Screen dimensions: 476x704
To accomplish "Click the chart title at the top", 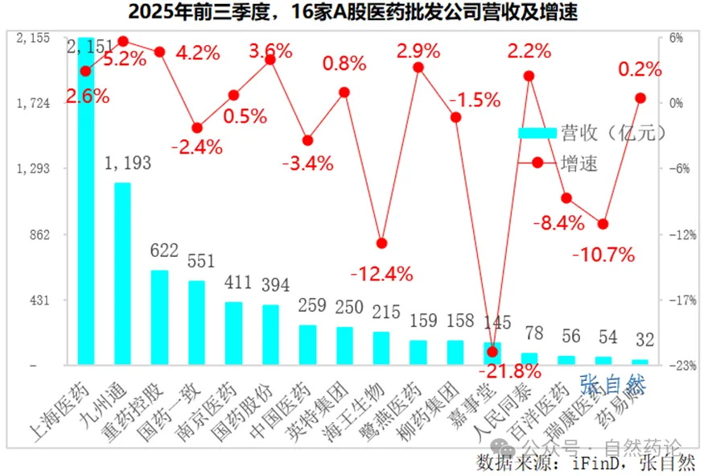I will pos(352,12).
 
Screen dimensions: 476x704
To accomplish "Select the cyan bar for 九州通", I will pos(122,274).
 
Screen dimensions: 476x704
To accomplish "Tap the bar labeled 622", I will pos(159,317).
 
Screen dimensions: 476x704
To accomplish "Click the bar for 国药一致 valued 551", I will pos(196,322).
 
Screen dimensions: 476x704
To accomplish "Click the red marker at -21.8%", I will pos(492,351).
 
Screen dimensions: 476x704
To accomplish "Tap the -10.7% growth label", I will pos(603,255).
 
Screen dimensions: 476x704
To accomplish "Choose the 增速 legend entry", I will pos(579,163).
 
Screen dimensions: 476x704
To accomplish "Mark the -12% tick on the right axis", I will pos(674,234).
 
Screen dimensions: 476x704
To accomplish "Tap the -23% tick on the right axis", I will pos(674,366).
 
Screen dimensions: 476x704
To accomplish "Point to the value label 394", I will pos(270,286).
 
